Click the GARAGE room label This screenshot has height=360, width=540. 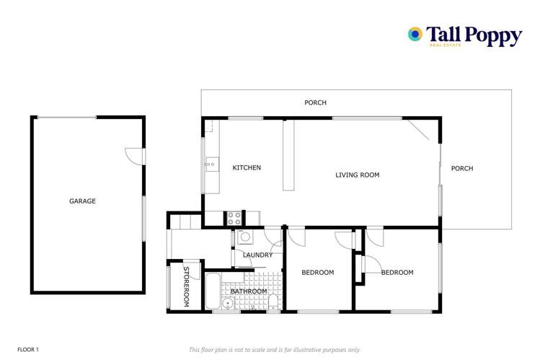click(82, 201)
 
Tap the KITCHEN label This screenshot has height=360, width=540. click(247, 168)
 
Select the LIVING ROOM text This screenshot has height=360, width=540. click(358, 175)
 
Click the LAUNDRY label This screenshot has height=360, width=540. click(257, 255)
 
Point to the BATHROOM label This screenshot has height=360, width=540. click(249, 291)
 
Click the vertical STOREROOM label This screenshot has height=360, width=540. click(185, 287)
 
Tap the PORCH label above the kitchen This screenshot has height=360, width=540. click(315, 102)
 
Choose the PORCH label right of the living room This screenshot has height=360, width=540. click(462, 169)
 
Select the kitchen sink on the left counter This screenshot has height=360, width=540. click(211, 164)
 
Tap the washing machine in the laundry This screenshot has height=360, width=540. click(244, 237)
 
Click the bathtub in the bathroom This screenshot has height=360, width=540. click(213, 291)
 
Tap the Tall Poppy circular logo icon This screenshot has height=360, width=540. click(415, 34)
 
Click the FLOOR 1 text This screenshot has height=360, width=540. click(28, 349)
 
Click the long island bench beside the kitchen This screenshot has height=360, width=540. click(288, 155)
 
